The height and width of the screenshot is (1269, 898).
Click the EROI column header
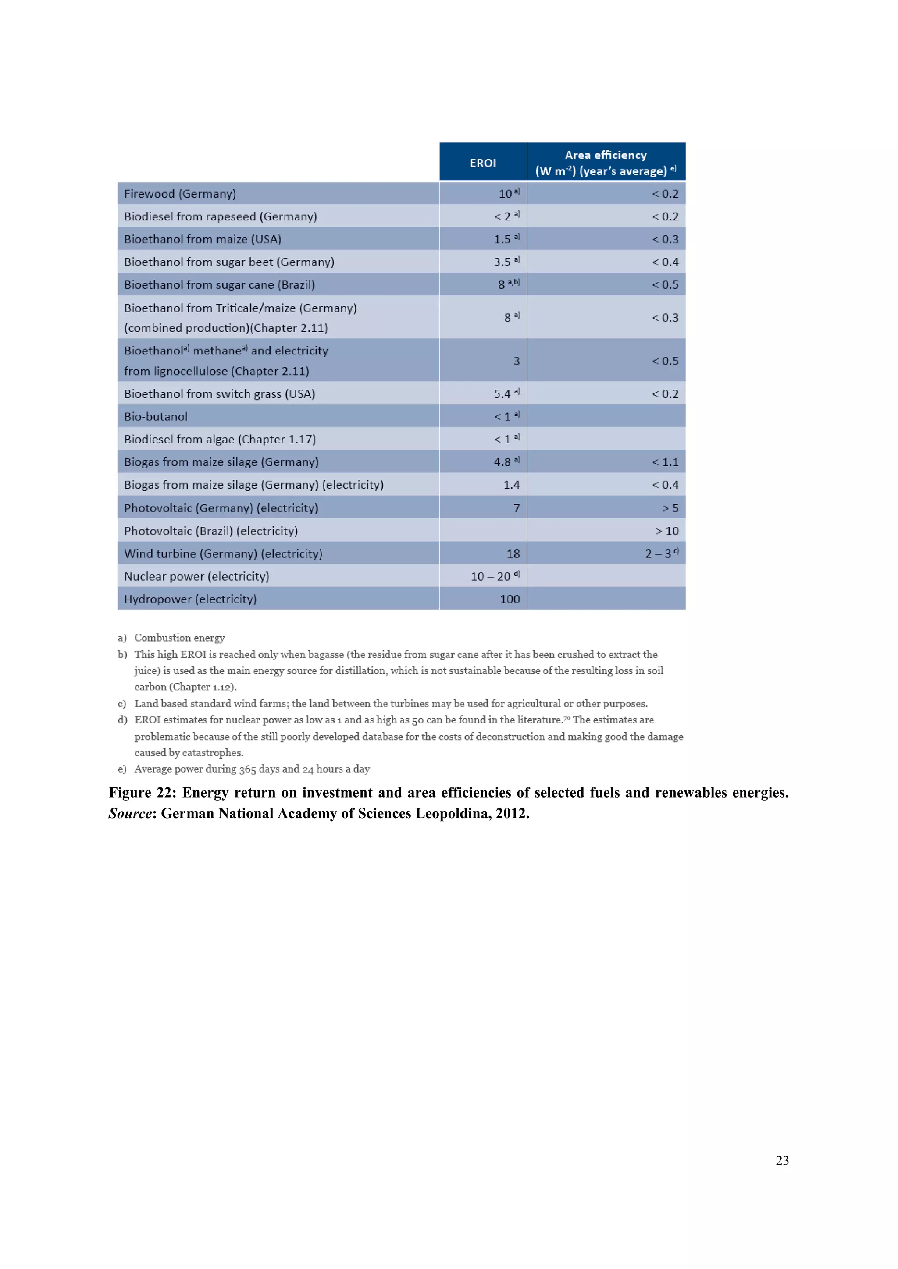coord(483,163)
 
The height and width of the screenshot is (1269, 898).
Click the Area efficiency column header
coord(606,163)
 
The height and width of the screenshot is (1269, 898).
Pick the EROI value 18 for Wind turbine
coord(513,554)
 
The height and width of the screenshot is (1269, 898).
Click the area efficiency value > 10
coord(667,531)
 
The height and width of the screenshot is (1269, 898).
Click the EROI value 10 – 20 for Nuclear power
coord(491,577)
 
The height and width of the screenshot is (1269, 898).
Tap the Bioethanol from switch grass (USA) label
coord(220,394)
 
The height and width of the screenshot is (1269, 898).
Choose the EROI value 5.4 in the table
coord(502,394)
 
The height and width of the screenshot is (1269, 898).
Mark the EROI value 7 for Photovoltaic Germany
coord(516,508)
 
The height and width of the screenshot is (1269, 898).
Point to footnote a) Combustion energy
coord(179,638)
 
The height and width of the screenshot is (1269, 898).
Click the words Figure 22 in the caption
coord(142,793)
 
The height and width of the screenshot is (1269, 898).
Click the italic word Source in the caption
coord(130,814)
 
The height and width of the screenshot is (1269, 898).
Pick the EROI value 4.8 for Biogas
coord(502,462)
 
